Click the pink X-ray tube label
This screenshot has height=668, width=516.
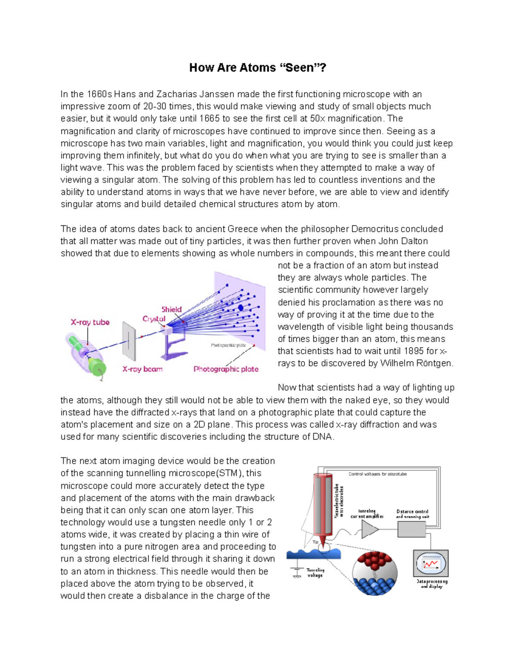[x=90, y=322]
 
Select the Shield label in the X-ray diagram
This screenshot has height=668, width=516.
[x=171, y=309]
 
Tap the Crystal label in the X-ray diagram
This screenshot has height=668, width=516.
[x=154, y=319]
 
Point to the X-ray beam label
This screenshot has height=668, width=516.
[x=142, y=369]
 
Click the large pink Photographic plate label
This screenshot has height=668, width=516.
[x=226, y=369]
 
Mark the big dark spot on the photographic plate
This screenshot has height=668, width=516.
[x=241, y=308]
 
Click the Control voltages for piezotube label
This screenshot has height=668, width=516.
[x=377, y=474]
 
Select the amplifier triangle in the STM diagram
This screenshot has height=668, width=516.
[x=369, y=529]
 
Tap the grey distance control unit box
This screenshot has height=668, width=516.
[x=411, y=529]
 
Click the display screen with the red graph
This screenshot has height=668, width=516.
[x=430, y=563]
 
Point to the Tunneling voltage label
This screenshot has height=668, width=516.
[x=315, y=573]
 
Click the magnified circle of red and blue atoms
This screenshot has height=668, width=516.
[x=375, y=573]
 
